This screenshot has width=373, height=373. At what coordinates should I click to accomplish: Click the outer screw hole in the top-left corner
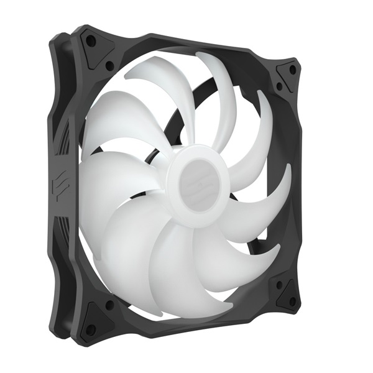pos(91,42)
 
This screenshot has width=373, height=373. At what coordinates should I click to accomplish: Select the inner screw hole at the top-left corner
pos(110,65)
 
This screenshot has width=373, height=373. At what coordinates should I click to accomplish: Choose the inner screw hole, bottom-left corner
pos(110,305)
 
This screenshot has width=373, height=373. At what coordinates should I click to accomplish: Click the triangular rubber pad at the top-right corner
pos(287,76)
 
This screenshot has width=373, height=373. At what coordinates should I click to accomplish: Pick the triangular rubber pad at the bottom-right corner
pos(287,294)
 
